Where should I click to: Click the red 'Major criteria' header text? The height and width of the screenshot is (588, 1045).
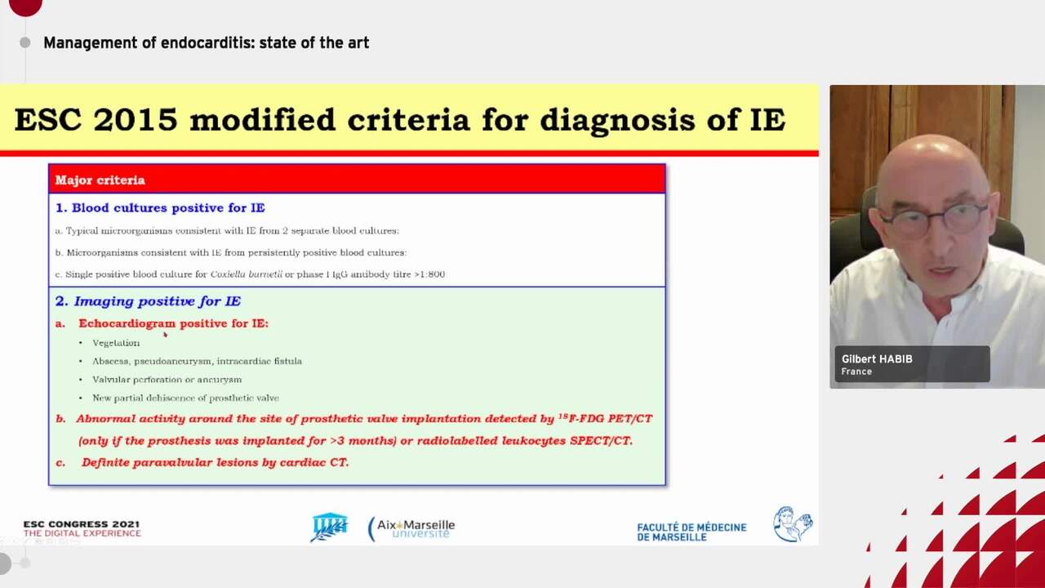pyautogui.click(x=100, y=180)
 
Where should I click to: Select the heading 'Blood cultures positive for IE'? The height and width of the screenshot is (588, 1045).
pyautogui.click(x=167, y=207)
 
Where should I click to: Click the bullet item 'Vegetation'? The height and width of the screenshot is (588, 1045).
pyautogui.click(x=116, y=343)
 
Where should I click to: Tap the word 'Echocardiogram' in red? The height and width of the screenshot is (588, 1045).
pyautogui.click(x=127, y=323)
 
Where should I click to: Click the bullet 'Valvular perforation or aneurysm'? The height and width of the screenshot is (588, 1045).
pyautogui.click(x=167, y=380)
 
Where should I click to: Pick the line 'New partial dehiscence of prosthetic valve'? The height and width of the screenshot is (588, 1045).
pyautogui.click(x=185, y=399)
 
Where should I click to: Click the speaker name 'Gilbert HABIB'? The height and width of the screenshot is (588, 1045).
pyautogui.click(x=877, y=359)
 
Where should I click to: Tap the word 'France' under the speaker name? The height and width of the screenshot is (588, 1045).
pyautogui.click(x=856, y=372)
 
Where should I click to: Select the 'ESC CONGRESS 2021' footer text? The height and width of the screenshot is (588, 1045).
pyautogui.click(x=81, y=524)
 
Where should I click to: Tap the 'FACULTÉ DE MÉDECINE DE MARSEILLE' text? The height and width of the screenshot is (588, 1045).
pyautogui.click(x=691, y=532)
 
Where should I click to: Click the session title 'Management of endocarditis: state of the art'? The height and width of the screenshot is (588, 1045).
pyautogui.click(x=206, y=42)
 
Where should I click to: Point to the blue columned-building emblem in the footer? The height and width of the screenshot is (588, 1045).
pyautogui.click(x=329, y=527)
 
